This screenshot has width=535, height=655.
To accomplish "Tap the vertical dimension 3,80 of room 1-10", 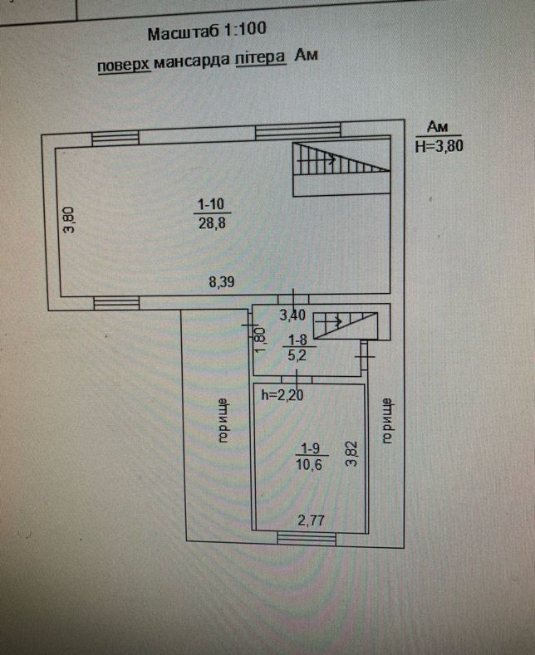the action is tap(70, 219).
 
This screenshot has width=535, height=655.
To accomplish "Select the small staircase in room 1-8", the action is tap(346, 322).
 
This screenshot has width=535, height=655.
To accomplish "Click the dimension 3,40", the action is tap(293, 315).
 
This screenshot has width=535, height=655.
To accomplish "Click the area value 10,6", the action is tap(311, 466).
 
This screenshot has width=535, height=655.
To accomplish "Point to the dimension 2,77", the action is tap(312, 520).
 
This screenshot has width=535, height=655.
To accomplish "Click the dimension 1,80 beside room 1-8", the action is tap(258, 338).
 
